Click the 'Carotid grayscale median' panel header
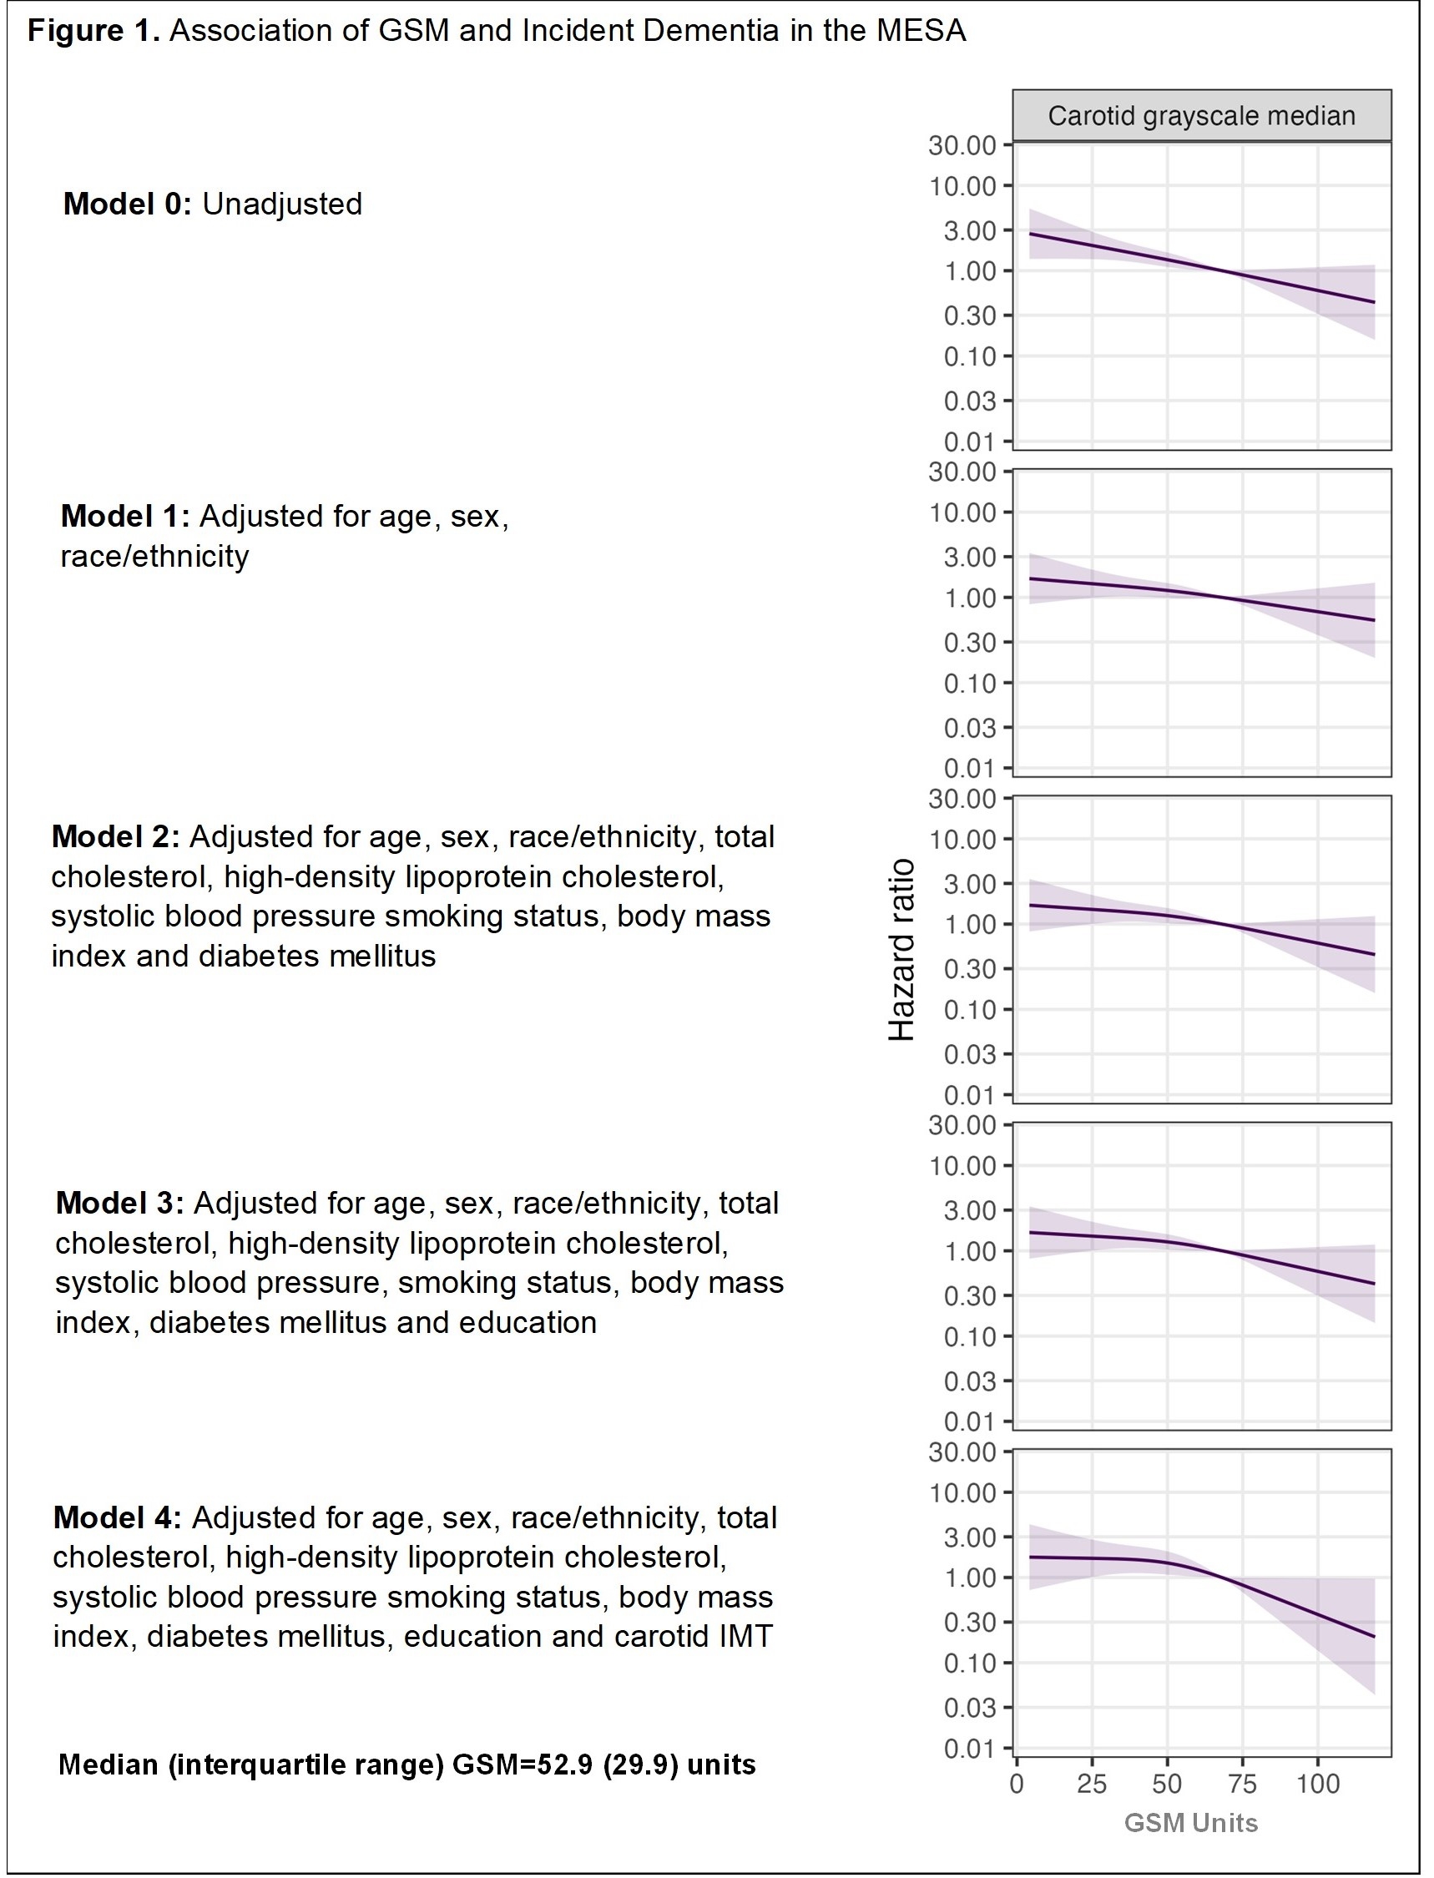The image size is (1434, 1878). click(x=1201, y=116)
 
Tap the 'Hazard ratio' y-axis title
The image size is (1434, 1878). click(x=902, y=949)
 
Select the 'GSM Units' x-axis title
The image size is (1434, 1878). click(x=1191, y=1823)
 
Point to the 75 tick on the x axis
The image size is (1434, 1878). click(x=1243, y=1785)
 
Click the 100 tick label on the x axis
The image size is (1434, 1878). click(x=1318, y=1785)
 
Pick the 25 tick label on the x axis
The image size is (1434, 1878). click(x=1092, y=1785)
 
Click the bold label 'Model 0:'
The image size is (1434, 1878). click(x=127, y=204)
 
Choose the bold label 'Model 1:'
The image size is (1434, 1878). click(x=124, y=517)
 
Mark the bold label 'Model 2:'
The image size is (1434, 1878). click(x=115, y=836)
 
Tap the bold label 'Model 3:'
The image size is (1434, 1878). click(x=119, y=1203)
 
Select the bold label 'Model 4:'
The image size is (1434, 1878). click(x=117, y=1517)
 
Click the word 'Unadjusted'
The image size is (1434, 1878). click(x=282, y=204)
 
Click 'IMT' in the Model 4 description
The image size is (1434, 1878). click(x=746, y=1637)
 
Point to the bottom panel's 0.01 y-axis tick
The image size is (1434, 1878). click(x=970, y=1750)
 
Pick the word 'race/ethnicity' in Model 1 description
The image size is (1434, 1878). click(x=154, y=557)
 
